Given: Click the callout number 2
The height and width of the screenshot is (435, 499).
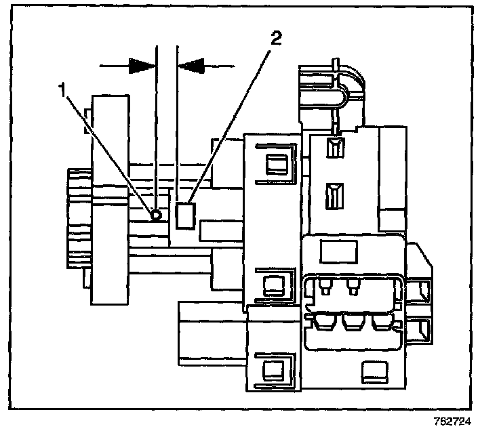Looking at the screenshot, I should pyautogui.click(x=276, y=39).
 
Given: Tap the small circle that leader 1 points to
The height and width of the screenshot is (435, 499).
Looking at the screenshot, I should pyautogui.click(x=157, y=215).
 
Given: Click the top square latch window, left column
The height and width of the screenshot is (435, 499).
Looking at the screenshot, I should pyautogui.click(x=276, y=163).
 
